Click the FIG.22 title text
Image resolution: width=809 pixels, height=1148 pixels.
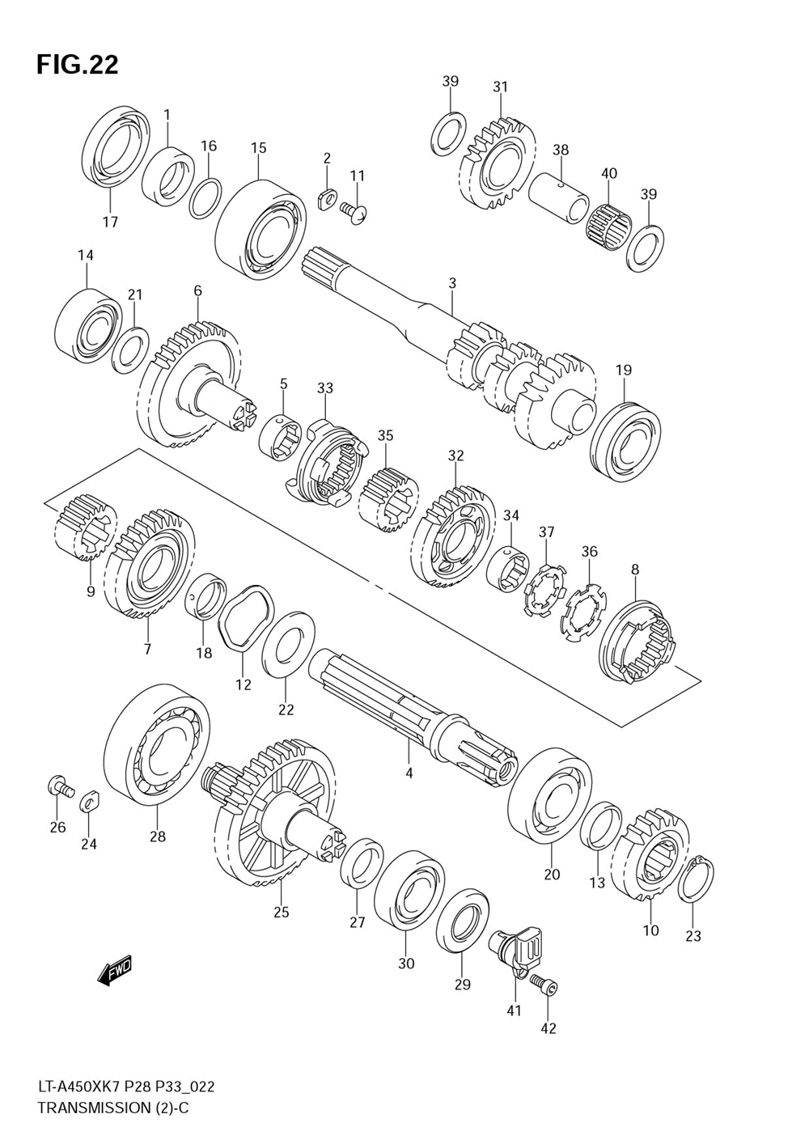click(x=77, y=65)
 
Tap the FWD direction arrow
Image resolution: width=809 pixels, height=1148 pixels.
click(x=114, y=970)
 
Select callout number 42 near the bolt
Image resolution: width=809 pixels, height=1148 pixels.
click(x=549, y=1028)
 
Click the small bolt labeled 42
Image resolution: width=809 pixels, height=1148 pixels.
click(x=545, y=985)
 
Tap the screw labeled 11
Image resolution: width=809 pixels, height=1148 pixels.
click(x=355, y=211)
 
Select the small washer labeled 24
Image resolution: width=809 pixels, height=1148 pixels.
click(x=89, y=801)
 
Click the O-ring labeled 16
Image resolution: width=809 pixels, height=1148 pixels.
click(x=206, y=198)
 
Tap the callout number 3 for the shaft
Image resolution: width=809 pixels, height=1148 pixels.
click(x=452, y=283)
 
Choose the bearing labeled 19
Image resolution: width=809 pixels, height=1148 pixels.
click(x=625, y=442)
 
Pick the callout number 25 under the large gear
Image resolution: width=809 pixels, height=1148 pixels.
click(x=281, y=913)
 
